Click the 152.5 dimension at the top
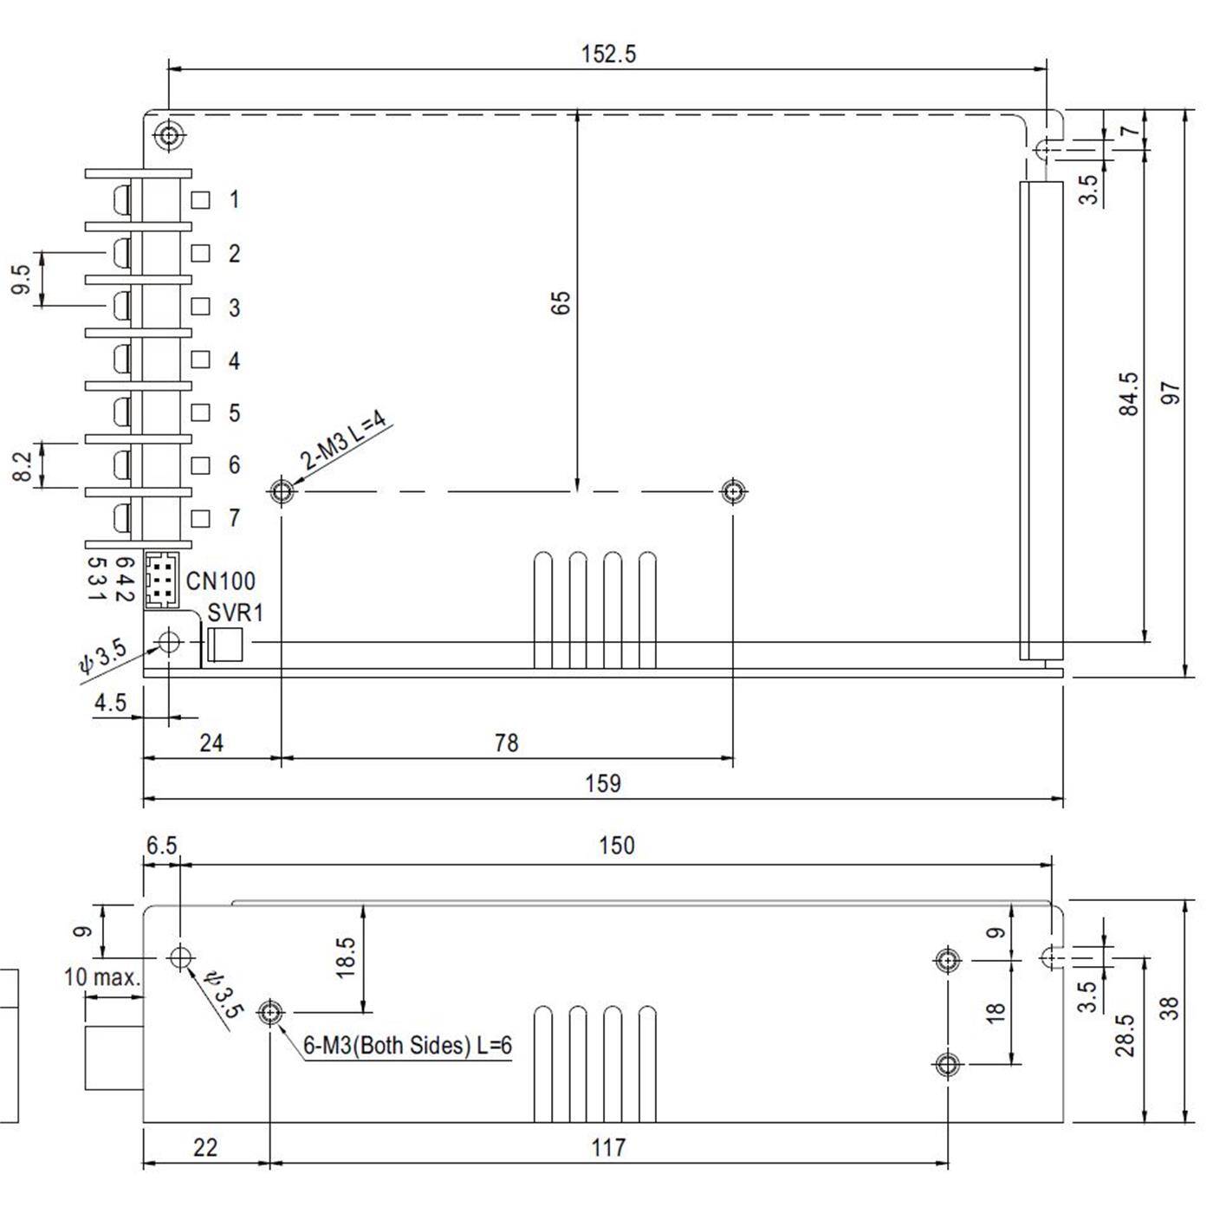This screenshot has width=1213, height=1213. tap(608, 54)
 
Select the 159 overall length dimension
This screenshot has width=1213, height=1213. tap(602, 783)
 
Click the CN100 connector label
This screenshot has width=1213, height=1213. tap(221, 581)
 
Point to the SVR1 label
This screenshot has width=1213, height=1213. tap(235, 613)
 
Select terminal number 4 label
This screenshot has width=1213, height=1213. tap(233, 360)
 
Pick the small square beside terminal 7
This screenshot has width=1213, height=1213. tap(200, 518)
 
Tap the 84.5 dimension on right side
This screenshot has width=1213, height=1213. tap(1128, 394)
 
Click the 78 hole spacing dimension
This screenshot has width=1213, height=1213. tap(506, 743)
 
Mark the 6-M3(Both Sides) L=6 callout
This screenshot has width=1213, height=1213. tap(407, 1046)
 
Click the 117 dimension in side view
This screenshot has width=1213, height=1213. tap(607, 1148)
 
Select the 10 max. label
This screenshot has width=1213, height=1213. tap(101, 977)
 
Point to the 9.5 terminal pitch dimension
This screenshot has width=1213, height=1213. tap(22, 279)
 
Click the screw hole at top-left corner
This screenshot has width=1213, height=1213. tap(168, 135)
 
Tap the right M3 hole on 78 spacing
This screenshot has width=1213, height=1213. tap(733, 492)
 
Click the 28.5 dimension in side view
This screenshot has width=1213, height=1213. tap(1125, 1035)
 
